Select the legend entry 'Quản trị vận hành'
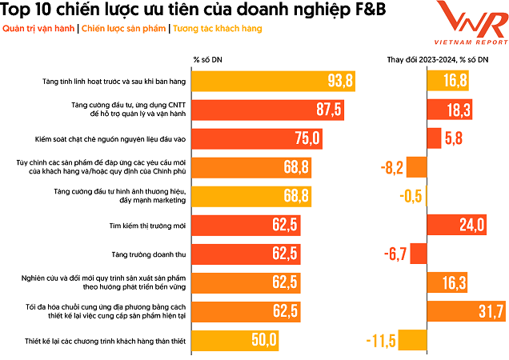point(39,29)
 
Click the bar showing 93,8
point(272,80)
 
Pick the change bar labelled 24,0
point(455,225)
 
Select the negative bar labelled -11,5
point(413,340)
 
